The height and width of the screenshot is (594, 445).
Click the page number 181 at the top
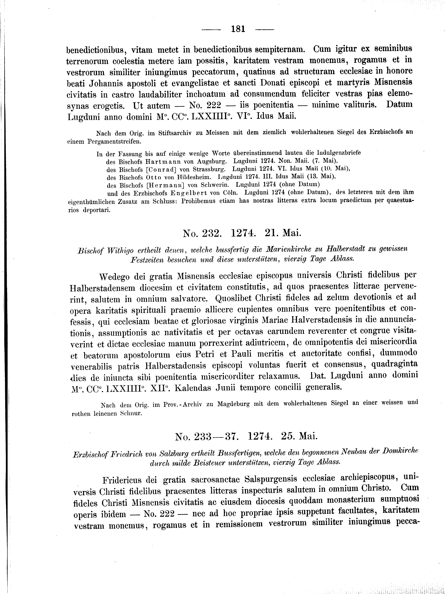[238, 29]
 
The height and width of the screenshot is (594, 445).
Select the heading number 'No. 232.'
[202, 233]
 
